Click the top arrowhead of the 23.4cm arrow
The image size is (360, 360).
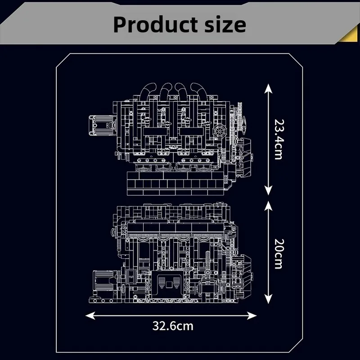(x=268, y=87)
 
